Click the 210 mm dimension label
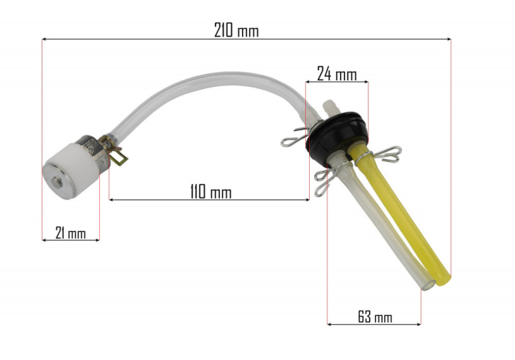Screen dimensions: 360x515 (x=236, y=31)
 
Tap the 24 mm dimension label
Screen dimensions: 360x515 (x=336, y=74)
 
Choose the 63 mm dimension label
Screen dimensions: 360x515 (x=374, y=317)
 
